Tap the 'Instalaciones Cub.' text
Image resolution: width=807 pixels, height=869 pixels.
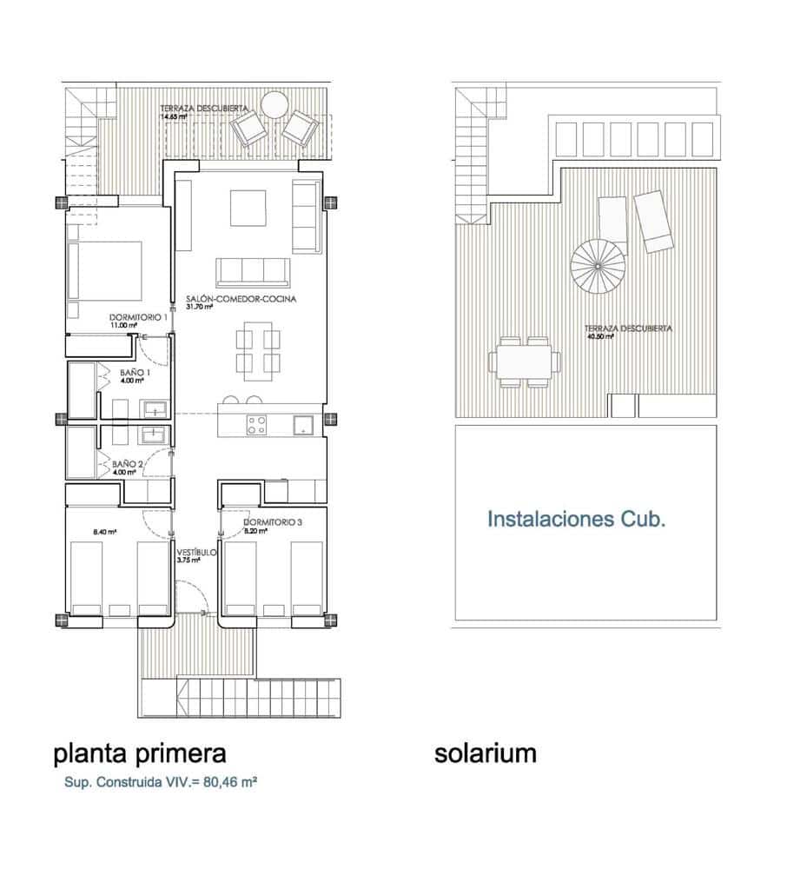point(576,520)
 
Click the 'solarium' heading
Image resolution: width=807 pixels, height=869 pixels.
point(485,753)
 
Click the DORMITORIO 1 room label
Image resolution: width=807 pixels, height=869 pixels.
point(138,317)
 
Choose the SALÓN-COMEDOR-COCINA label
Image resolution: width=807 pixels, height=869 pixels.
point(241,299)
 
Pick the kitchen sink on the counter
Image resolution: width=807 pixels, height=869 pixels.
point(304,425)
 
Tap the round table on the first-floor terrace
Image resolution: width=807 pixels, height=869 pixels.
point(275,105)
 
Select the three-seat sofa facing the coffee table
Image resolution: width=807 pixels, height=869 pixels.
point(253,272)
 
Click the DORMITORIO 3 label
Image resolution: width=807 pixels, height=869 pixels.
point(273,521)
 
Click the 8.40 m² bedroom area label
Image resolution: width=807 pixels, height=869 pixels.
point(104,531)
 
